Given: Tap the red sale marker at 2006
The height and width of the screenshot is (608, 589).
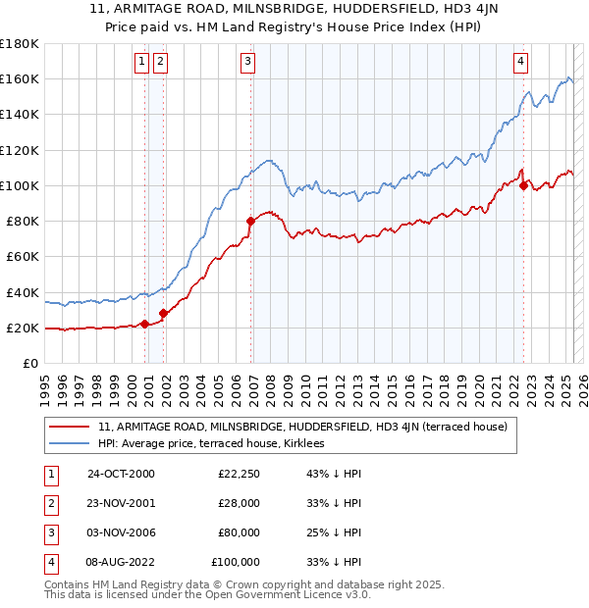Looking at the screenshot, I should [x=251, y=221].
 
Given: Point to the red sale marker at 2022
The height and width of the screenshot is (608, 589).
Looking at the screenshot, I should [x=524, y=185].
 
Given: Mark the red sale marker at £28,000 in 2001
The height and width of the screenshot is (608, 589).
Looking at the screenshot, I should [x=163, y=313].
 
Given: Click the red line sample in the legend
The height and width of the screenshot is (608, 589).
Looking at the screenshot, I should [x=68, y=427].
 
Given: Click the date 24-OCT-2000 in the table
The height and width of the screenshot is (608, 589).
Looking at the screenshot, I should [x=121, y=474].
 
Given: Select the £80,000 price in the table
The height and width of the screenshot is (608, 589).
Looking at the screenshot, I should [x=239, y=534].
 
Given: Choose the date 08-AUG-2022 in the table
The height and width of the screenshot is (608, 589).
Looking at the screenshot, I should [x=121, y=564].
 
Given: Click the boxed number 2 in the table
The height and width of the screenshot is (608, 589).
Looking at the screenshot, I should [x=49, y=504].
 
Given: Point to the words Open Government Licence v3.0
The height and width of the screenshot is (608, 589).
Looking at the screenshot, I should [x=288, y=595].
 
